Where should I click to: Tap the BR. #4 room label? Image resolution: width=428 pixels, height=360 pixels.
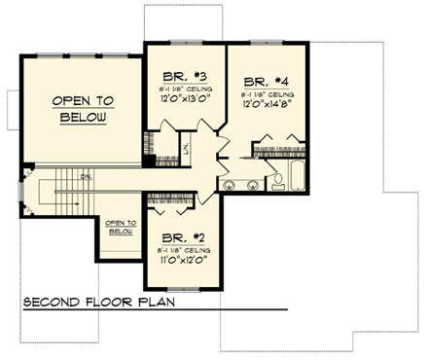[x=264, y=82]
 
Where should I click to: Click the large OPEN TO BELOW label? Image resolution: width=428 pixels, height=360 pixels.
[x=83, y=109]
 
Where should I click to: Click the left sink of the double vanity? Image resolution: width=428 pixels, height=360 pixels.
[x=230, y=184]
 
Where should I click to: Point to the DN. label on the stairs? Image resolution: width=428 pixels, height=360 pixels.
[x=85, y=176]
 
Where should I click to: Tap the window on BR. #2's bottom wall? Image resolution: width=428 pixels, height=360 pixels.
[x=185, y=288]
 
